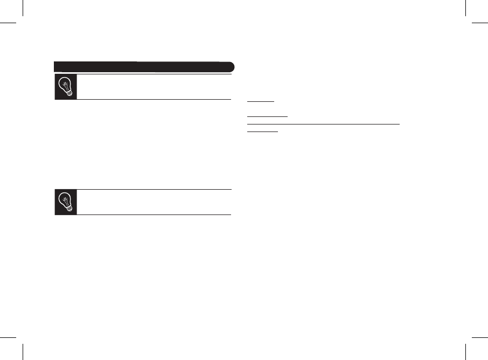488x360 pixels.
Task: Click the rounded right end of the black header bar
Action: pyautogui.click(x=231, y=67)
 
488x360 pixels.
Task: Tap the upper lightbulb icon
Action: pyautogui.click(x=65, y=87)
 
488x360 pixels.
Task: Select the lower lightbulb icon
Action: pyautogui.click(x=65, y=202)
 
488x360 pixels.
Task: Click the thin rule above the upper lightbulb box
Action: pyautogui.click(x=154, y=74)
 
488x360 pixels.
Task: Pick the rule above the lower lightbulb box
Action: pyautogui.click(x=154, y=189)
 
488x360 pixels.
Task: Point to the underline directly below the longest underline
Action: pyautogui.click(x=262, y=131)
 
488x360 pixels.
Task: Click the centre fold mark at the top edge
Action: pyautogui.click(x=244, y=8)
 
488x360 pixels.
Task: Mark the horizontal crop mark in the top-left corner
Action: pyautogui.click(x=9, y=23)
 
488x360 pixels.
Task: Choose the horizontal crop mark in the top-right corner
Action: pyautogui.click(x=479, y=23)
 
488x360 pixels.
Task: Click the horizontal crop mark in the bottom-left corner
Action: pyautogui.click(x=9, y=337)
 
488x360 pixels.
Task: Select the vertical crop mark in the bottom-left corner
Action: pyautogui.click(x=23, y=351)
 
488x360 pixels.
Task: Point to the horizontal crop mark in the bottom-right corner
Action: pyautogui.click(x=479, y=337)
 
